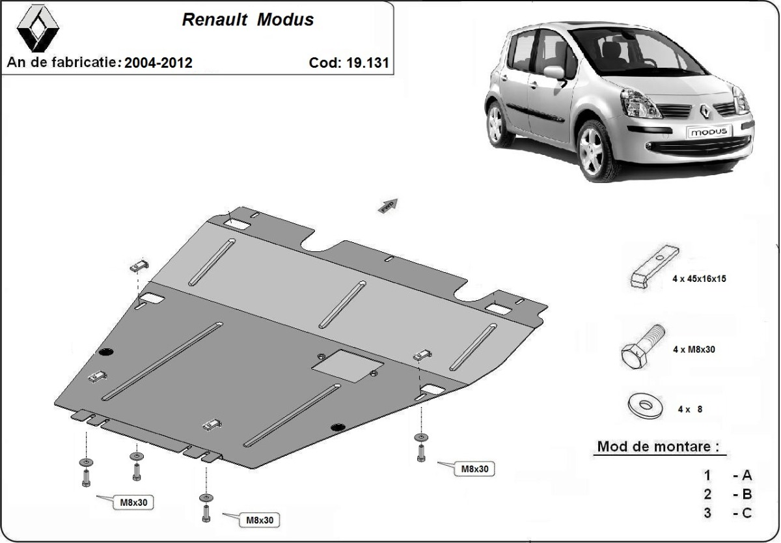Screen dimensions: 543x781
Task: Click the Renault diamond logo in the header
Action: point(37,30)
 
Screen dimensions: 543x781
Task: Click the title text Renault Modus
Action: point(247,20)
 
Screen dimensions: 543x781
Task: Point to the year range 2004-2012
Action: point(158,63)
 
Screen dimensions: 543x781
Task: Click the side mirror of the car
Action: point(554,72)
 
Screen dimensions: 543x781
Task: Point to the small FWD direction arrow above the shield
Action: point(389,205)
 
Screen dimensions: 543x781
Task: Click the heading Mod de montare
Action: point(659,447)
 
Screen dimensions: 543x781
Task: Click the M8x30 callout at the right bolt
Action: point(474,468)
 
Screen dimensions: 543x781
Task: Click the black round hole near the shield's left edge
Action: point(105,352)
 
